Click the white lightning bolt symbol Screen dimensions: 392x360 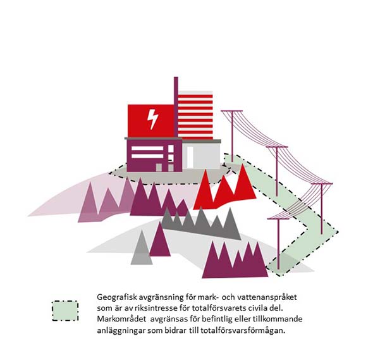tap(152, 119)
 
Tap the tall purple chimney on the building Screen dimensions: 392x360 tap(176, 107)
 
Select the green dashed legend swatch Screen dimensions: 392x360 tap(65, 311)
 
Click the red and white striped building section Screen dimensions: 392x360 tap(195, 115)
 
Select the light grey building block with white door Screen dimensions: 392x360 tap(201, 156)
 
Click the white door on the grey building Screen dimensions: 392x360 tap(190, 157)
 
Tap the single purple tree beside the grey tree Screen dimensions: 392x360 tap(160, 240)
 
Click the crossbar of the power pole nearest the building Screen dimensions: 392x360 tap(232, 111)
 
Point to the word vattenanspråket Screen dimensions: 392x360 tap(267, 297)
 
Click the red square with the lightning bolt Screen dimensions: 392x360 tap(150, 121)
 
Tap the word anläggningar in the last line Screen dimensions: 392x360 tap(121, 330)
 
